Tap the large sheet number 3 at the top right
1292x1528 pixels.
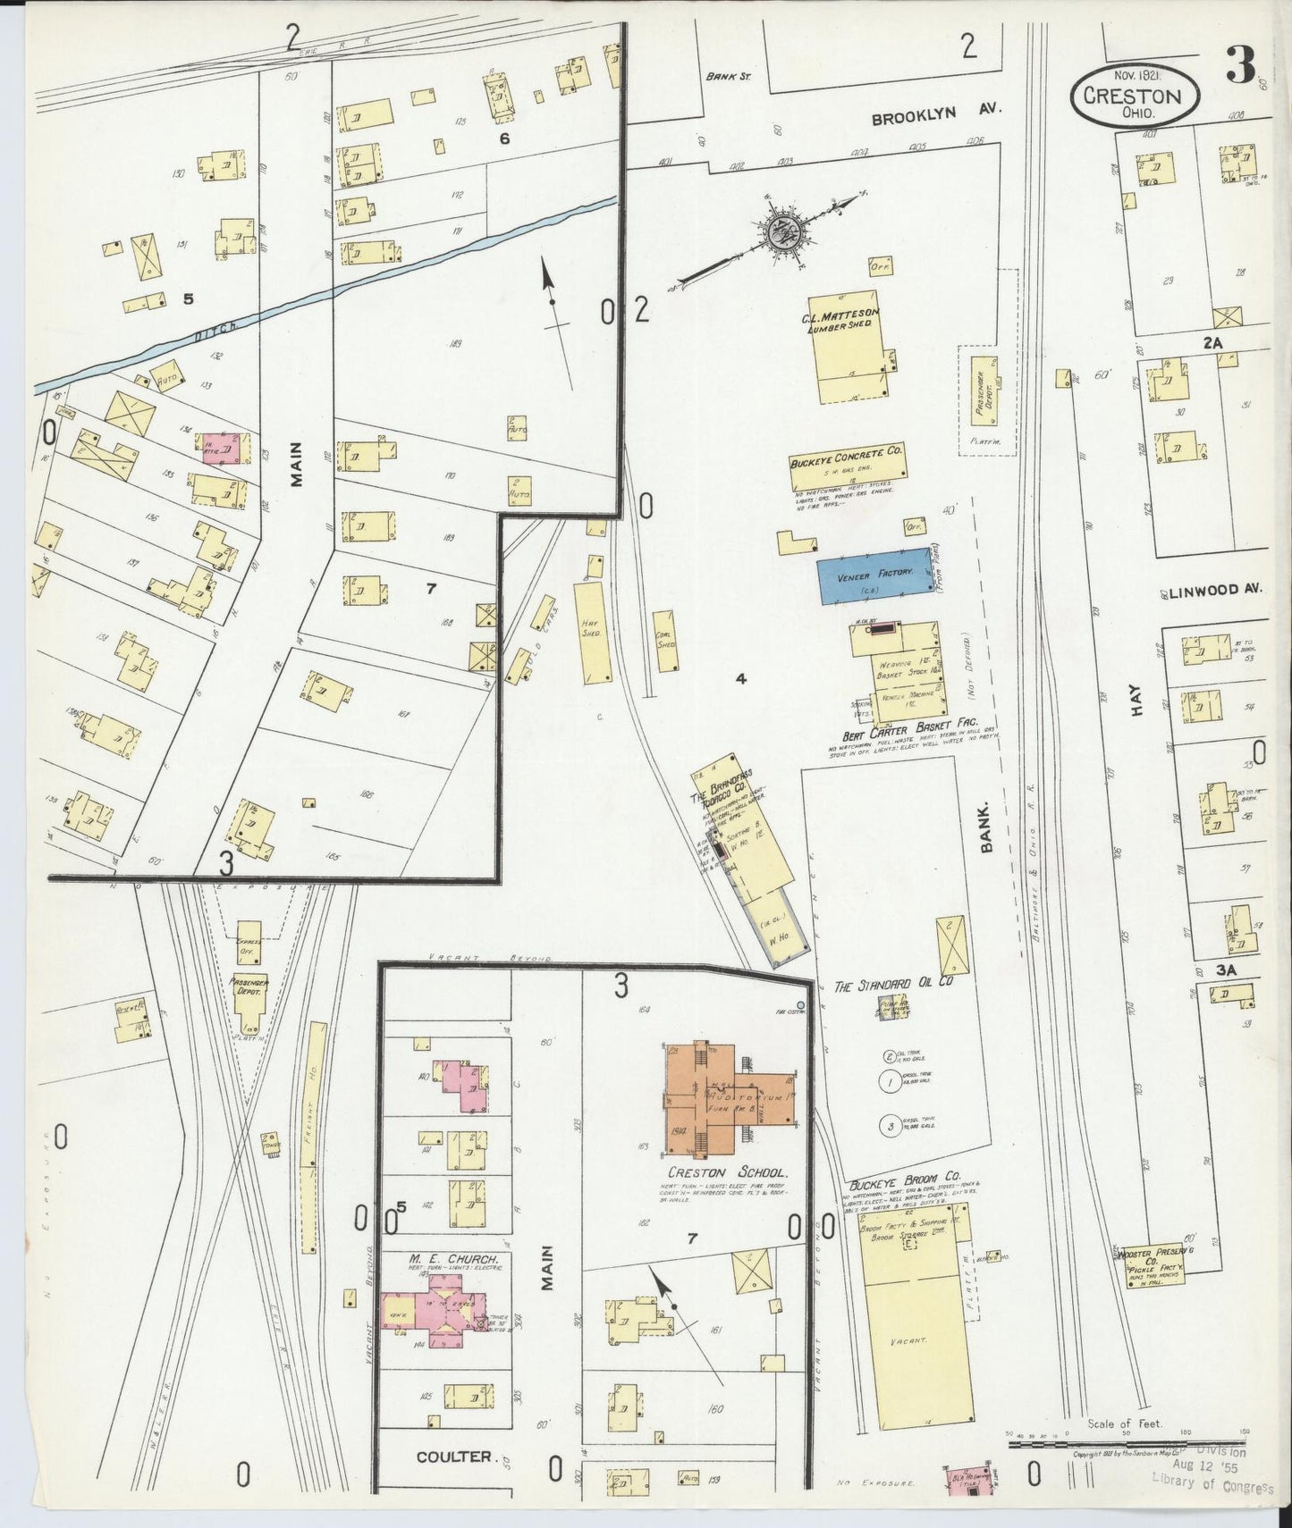[1240, 64]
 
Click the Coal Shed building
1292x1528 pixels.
[665, 641]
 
